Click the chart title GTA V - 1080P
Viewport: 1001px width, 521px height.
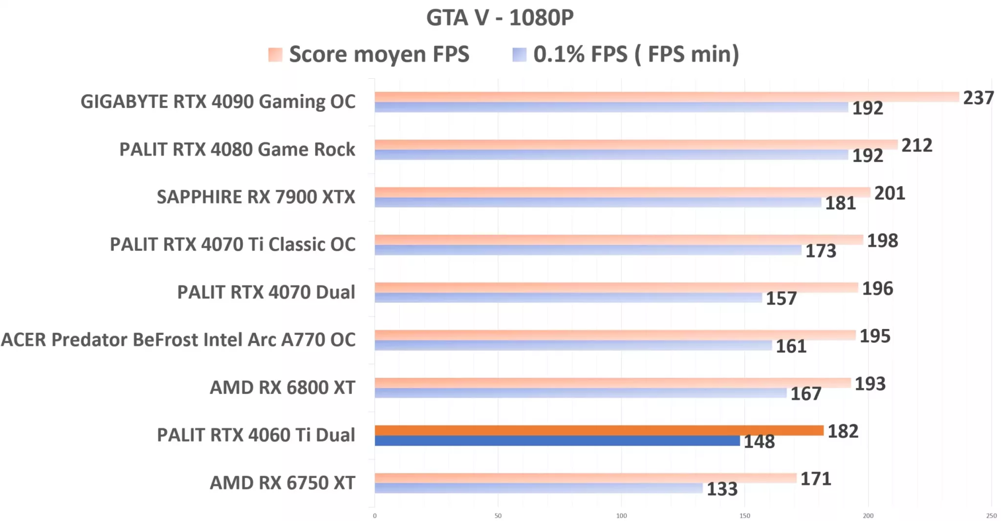click(500, 18)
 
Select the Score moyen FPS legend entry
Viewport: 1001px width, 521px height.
click(369, 54)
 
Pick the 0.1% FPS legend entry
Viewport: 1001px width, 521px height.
click(626, 54)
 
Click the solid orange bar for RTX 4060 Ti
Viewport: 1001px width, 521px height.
click(599, 430)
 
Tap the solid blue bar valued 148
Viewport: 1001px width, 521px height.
click(557, 441)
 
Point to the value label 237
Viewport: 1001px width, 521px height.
click(978, 98)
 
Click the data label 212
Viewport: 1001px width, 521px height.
click(916, 145)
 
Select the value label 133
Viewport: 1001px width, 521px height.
click(722, 489)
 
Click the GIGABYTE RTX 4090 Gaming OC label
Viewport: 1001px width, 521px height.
click(218, 102)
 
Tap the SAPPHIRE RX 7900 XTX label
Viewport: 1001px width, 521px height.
click(256, 196)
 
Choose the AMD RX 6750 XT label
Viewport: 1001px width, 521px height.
click(282, 482)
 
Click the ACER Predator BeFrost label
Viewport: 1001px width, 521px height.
click(178, 340)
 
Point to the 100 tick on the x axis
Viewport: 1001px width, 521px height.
click(621, 516)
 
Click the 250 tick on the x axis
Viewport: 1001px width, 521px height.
click(991, 516)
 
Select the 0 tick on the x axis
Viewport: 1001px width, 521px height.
click(375, 516)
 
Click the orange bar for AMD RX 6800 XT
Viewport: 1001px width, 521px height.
click(612, 383)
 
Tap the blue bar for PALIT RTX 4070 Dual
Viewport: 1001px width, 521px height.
click(568, 298)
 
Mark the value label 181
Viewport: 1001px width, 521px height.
click(840, 203)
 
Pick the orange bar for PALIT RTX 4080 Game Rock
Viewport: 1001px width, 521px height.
click(635, 145)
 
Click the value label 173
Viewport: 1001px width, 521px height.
click(821, 251)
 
